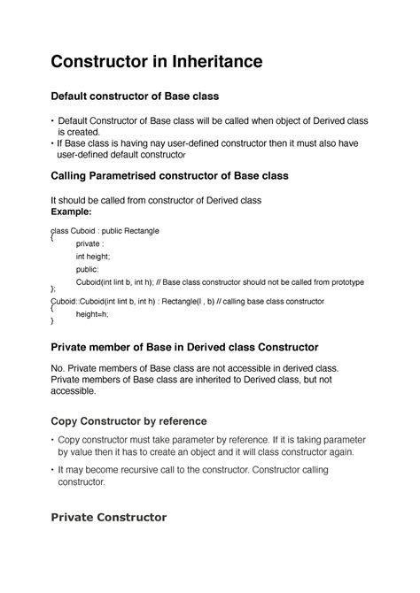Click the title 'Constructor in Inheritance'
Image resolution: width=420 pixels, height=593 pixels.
point(156,63)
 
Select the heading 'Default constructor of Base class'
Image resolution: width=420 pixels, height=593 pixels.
point(134,95)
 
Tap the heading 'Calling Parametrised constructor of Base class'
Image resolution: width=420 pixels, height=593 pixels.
point(169,176)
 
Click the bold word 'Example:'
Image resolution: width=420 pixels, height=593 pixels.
point(73,213)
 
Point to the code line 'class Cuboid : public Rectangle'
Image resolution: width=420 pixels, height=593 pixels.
point(105,230)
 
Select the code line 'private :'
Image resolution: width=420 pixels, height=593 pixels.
point(90,243)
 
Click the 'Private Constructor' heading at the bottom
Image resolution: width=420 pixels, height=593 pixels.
point(108,518)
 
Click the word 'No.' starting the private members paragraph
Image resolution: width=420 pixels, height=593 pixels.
point(58,367)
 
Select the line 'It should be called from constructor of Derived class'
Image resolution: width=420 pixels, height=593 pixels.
point(161,201)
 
